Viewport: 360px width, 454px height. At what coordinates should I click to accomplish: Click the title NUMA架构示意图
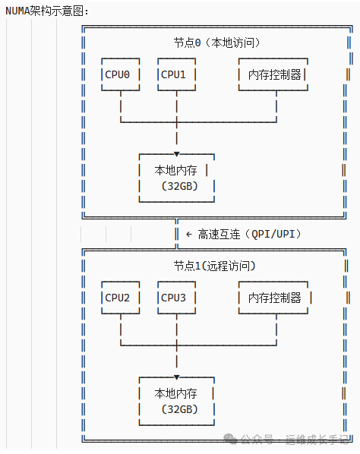47,11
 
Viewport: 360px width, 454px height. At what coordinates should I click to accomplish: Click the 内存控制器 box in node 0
274,74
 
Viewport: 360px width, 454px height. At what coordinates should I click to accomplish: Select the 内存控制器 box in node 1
274,298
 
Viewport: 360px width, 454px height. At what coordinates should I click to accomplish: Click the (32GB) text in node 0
178,186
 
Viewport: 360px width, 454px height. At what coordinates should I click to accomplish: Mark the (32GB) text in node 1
178,409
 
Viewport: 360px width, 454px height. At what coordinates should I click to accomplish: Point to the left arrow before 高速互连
188,234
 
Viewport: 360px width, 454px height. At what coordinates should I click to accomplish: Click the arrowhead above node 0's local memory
177,153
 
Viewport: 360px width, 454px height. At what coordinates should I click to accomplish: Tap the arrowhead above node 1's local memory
177,377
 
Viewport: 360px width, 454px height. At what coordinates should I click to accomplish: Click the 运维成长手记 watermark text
317,440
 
